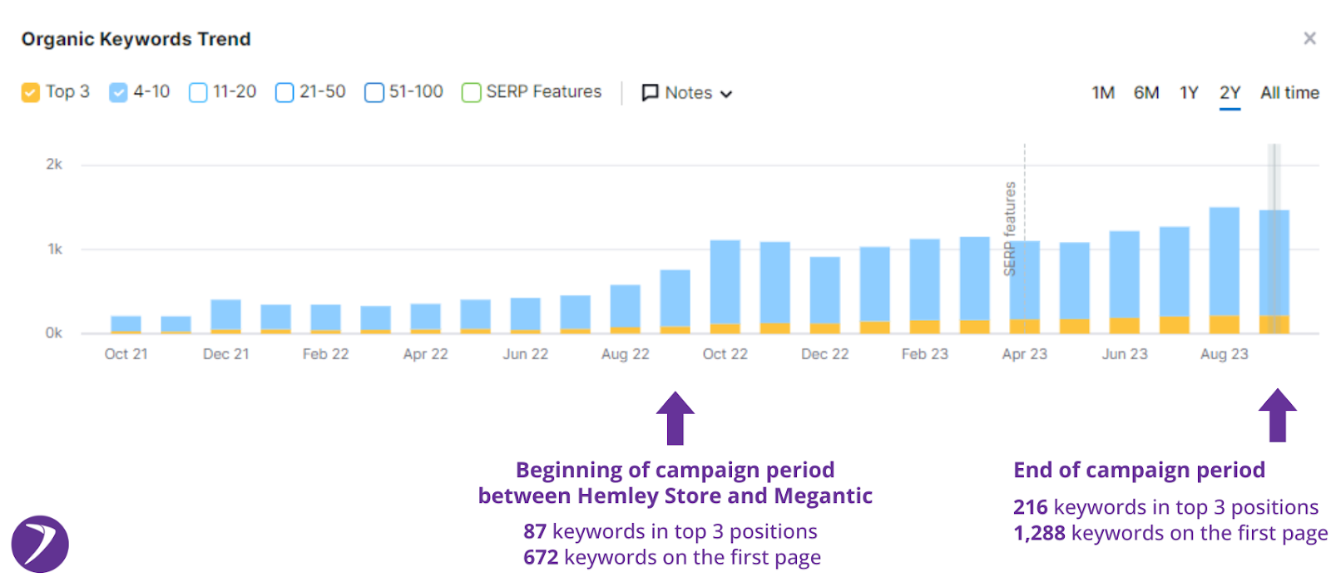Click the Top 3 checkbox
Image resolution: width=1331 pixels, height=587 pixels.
point(30,92)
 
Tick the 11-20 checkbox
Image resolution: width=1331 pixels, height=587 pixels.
point(198,92)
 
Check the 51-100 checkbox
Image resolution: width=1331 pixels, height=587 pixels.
point(374,92)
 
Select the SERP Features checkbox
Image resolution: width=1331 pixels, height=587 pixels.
point(471,92)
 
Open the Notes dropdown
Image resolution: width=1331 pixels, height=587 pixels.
point(687,92)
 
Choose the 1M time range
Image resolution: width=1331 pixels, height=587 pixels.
point(1103,92)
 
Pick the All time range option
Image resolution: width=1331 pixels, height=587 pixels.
point(1289,92)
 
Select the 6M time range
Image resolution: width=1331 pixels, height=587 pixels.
point(1146,92)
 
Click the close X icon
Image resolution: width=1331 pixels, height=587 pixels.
point(1309,38)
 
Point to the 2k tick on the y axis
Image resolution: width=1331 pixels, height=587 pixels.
point(54,165)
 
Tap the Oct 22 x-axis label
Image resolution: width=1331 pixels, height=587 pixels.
point(725,354)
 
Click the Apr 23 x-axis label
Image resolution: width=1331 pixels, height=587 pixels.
point(1024,354)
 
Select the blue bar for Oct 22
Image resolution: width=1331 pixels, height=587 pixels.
point(725,282)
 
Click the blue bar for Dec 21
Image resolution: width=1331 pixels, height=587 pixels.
point(225,315)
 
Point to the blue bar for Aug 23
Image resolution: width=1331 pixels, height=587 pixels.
point(1224,261)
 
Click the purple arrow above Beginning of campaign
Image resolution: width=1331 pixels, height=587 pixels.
point(675,418)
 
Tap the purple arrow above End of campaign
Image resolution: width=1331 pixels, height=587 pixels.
point(1278,416)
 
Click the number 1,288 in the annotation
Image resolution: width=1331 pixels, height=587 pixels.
point(1039,533)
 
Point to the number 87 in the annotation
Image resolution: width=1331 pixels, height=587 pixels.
point(535,531)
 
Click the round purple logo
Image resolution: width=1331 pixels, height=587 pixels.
point(40,545)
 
